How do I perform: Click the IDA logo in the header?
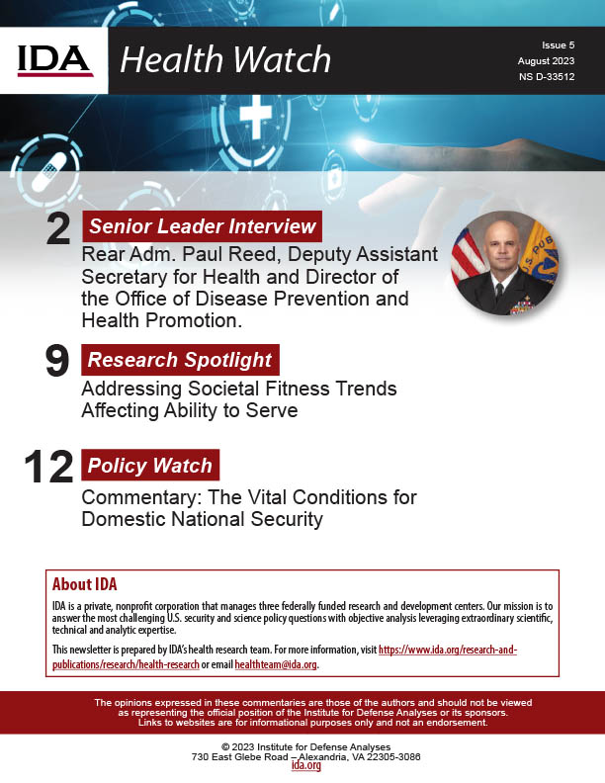point(55,59)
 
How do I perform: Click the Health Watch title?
point(225,60)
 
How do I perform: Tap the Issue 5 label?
point(558,45)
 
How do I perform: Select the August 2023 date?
point(546,61)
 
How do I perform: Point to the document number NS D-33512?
point(546,77)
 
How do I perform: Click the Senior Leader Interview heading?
point(203,225)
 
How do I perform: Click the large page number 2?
point(58,229)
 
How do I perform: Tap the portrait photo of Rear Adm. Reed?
point(503,262)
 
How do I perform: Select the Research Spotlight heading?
point(180,358)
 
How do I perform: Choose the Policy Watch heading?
point(149,465)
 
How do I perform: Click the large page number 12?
point(48,468)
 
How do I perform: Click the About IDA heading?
point(85,583)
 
